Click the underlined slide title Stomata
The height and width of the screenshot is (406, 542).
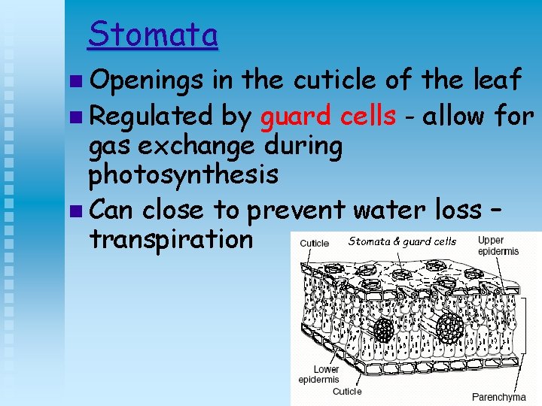pos(153,35)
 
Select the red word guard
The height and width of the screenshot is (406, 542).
pos(295,116)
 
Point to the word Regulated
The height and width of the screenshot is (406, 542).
pos(151,117)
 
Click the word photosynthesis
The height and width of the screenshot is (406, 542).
pos(183,174)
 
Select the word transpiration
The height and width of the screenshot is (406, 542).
pos(171,239)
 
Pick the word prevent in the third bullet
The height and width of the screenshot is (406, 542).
pos(297,210)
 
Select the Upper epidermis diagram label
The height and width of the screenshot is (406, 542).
pos(498,246)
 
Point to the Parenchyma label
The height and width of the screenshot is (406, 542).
pos(498,396)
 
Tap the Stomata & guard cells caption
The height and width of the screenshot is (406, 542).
pos(402,241)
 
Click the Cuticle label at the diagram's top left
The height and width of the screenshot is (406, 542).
pos(314,243)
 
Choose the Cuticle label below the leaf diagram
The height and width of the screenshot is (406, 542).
pos(347,391)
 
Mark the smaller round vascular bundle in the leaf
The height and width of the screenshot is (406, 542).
pos(385,329)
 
